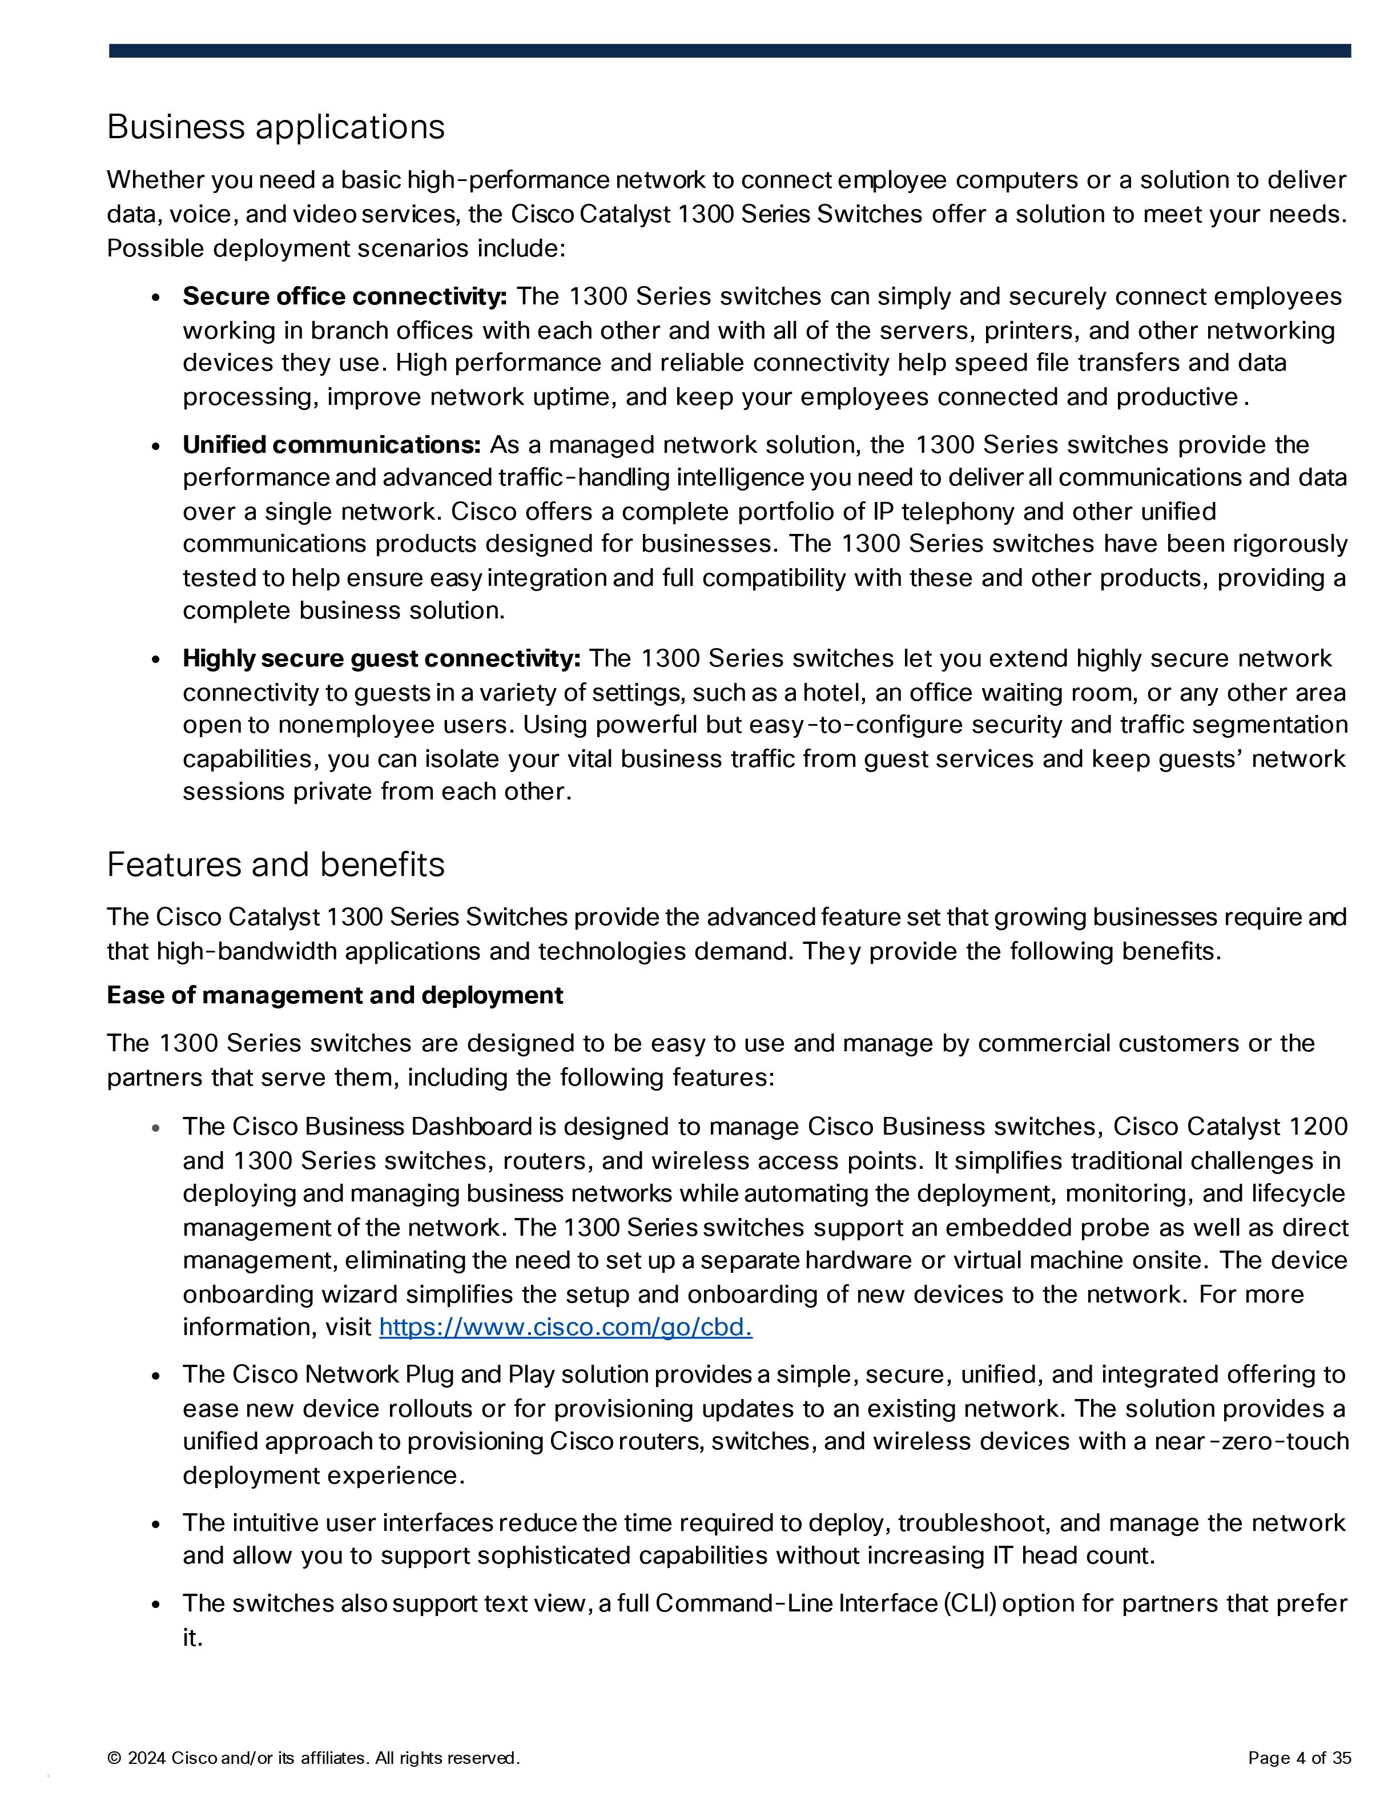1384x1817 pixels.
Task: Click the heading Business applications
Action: [x=275, y=127]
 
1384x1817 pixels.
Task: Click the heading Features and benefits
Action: [x=275, y=865]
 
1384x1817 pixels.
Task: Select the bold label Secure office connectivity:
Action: [x=344, y=296]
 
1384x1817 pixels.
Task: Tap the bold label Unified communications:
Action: [x=331, y=445]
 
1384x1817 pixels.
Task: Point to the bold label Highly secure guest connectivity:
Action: [x=381, y=659]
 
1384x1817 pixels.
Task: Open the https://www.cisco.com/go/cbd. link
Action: [x=565, y=1327]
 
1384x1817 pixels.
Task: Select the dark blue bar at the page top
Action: [x=730, y=51]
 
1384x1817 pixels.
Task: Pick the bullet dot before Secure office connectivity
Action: [x=156, y=298]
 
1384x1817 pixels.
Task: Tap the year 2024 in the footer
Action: [x=147, y=1759]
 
